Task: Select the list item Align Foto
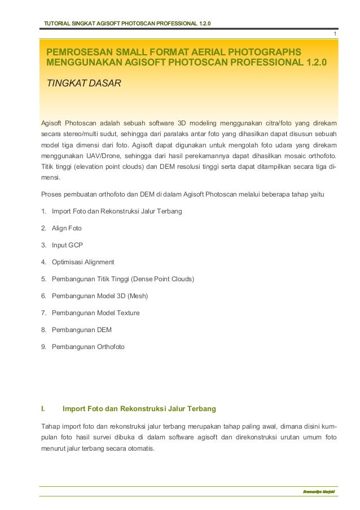(67, 228)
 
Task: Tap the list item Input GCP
(67, 245)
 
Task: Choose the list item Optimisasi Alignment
(83, 262)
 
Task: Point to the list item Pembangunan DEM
(81, 330)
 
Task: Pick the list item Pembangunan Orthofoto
(88, 347)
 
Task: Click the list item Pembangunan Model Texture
(95, 313)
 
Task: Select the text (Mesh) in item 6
(138, 296)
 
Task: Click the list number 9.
(43, 347)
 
